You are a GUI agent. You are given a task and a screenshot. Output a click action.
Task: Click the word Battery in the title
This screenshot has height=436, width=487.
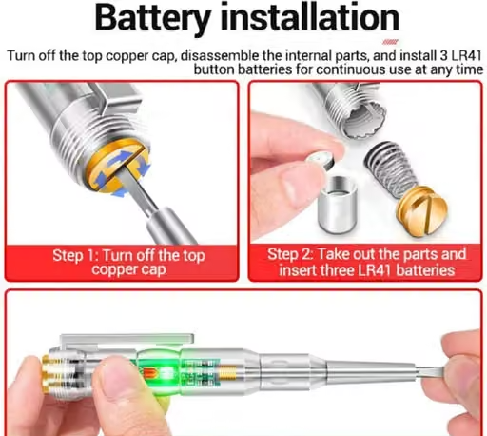coord(152,18)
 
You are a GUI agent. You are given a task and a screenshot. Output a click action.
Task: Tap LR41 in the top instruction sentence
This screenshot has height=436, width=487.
coord(466,55)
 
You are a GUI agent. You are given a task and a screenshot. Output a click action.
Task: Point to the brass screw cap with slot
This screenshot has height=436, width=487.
coord(421,210)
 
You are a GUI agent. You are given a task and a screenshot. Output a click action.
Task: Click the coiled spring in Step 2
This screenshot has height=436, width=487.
coord(389,168)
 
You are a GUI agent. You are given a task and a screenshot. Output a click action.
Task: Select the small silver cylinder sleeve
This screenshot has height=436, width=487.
coord(338,204)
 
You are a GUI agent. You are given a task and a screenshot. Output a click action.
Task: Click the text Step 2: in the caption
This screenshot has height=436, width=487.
coord(291,254)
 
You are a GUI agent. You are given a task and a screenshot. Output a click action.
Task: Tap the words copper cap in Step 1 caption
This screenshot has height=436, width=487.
coord(128,270)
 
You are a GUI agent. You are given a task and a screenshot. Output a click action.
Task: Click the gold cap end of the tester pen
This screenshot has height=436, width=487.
coord(49,371)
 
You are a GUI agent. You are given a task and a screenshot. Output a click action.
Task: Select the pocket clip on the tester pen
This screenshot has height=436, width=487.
coord(127,341)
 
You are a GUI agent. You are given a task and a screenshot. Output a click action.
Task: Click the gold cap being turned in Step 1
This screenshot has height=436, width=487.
coord(117,166)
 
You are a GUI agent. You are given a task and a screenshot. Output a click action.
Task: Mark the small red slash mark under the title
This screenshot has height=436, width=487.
coord(390,42)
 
